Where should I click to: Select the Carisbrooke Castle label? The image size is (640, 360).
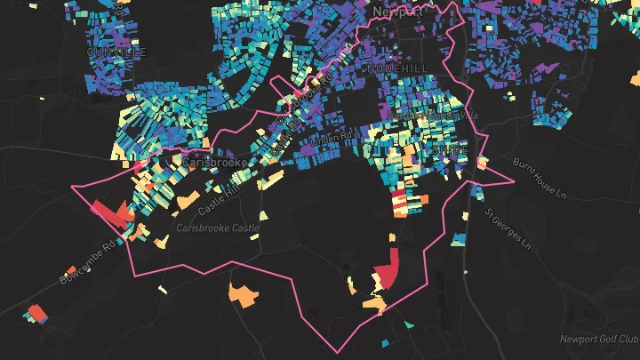pyautogui.click(x=217, y=228)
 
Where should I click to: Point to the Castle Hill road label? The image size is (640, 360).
pyautogui.click(x=220, y=196)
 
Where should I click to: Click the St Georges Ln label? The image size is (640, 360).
pyautogui.click(x=507, y=228)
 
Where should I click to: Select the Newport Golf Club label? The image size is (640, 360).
pyautogui.click(x=599, y=339)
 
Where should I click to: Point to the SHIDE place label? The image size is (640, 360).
pyautogui.click(x=448, y=150)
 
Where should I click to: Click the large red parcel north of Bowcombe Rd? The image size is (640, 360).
pyautogui.click(x=109, y=212)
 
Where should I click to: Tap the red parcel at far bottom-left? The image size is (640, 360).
pyautogui.click(x=36, y=313)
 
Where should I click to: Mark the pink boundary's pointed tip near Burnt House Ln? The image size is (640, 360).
pyautogui.click(x=514, y=181)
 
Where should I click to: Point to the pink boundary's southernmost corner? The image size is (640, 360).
pyautogui.click(x=340, y=350)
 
